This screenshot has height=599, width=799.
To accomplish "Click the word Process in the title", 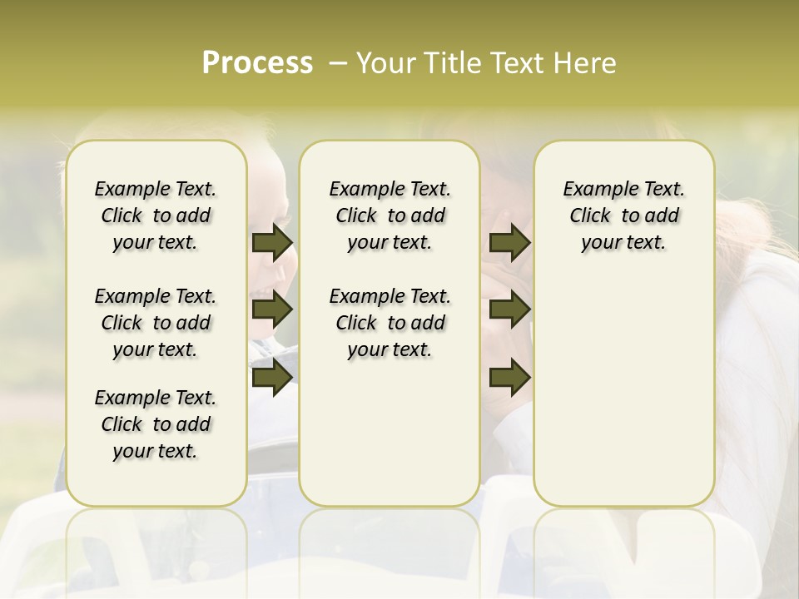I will [257, 63].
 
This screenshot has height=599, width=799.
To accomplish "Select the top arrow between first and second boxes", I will [271, 242].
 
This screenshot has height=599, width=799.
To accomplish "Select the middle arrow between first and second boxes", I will [271, 310].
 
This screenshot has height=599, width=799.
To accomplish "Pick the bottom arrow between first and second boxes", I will [271, 378].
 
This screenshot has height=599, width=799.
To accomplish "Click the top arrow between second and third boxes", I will [509, 242].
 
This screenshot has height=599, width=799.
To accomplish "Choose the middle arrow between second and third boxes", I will [509, 310].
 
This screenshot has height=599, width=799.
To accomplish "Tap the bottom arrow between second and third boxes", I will [509, 378].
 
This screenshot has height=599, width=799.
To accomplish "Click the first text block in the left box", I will [156, 215].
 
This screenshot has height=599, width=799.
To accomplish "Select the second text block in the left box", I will [156, 323].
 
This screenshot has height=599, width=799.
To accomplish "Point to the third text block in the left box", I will [156, 424].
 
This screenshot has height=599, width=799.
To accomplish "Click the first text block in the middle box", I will [390, 215].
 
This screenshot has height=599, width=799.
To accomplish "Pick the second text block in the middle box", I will [390, 323].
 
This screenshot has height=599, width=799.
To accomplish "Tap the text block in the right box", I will [624, 215].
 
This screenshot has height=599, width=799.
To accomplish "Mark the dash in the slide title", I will [338, 63].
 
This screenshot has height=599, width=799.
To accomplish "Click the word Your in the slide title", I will [386, 63].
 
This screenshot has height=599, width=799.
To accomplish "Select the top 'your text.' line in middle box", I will [390, 243].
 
